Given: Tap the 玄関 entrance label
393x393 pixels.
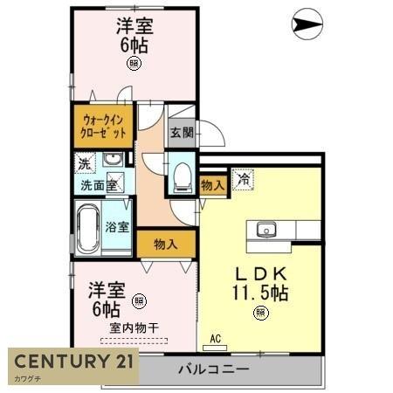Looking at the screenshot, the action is pos(182,133).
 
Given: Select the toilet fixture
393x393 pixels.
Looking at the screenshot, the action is pos(183,177).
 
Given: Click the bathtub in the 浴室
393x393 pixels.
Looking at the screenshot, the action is pos(88,228).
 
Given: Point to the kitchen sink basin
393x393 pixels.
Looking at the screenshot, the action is pos(266,230).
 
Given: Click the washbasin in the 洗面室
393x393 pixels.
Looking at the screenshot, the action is pos(113,159).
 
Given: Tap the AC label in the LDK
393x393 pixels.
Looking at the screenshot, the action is pos(216,339).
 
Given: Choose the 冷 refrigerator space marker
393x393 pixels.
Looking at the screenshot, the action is pos(243,179).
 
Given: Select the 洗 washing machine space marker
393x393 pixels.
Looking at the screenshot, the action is pos(85,163).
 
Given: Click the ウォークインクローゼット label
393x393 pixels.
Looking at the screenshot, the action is pos(103,127).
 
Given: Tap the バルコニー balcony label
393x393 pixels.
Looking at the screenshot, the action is pos(214,369).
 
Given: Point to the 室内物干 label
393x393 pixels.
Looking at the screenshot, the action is pos(134,328).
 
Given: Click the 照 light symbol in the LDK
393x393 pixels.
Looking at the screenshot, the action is pos(261,313).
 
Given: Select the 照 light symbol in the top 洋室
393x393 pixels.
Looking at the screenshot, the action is pos(134,63).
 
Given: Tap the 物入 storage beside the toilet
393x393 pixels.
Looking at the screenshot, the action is pos(213,185).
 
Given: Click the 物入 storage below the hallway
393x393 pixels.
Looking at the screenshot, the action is pos(166,244).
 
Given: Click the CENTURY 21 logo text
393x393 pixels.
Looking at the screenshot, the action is pos(74,362).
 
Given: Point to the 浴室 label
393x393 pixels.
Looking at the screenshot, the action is pos(117,227).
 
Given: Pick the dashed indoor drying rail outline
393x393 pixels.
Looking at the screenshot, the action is pos(134,341).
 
